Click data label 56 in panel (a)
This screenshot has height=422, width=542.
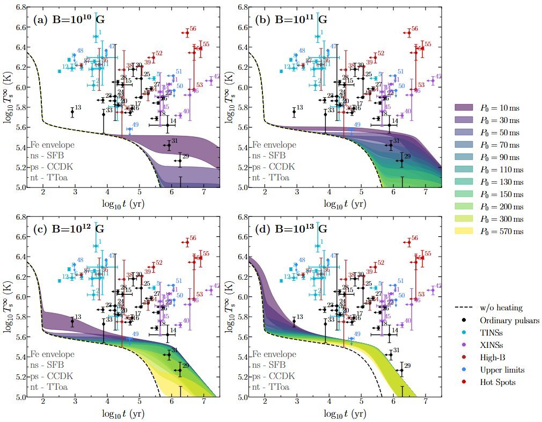tap(193, 29)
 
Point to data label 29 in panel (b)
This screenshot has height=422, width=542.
tap(407, 156)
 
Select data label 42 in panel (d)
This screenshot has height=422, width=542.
tap(438, 286)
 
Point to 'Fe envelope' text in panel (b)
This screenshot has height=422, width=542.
tap(274, 145)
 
